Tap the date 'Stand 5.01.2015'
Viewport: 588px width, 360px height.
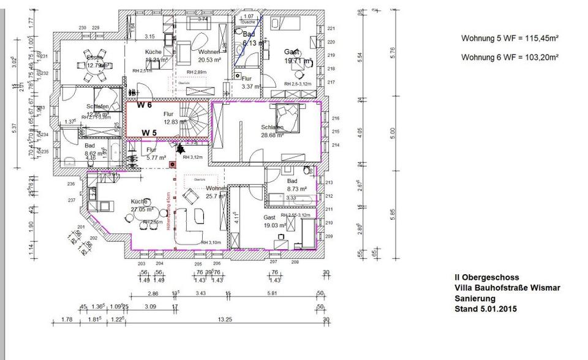(x=485, y=309)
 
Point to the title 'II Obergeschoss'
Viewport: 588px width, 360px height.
(x=483, y=277)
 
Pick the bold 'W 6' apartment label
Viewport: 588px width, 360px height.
(x=144, y=105)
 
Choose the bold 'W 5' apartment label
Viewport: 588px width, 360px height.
(x=149, y=132)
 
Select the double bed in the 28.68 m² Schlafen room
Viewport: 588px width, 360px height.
(x=287, y=118)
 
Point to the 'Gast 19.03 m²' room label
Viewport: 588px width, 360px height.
(x=271, y=221)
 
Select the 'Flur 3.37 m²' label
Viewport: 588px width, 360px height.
(x=250, y=83)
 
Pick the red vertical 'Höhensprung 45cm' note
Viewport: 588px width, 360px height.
(x=167, y=211)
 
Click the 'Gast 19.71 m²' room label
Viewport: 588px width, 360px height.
(x=298, y=56)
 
